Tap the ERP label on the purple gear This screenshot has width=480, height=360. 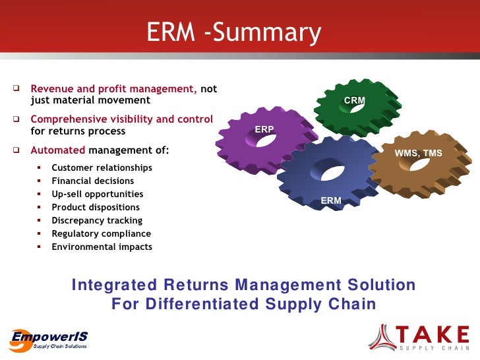(x=264, y=129)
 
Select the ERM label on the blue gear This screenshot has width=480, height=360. (x=331, y=200)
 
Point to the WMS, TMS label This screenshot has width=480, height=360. (x=418, y=154)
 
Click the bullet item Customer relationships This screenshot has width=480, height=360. (x=102, y=167)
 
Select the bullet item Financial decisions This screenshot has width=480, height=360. (x=92, y=181)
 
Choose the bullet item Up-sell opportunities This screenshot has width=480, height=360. (x=97, y=194)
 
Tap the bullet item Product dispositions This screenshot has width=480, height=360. (x=96, y=207)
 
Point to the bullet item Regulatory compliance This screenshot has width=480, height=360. (x=101, y=233)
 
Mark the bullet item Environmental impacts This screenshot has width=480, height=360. (x=102, y=247)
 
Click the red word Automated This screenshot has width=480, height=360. (x=58, y=150)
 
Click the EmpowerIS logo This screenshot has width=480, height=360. (x=48, y=338)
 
